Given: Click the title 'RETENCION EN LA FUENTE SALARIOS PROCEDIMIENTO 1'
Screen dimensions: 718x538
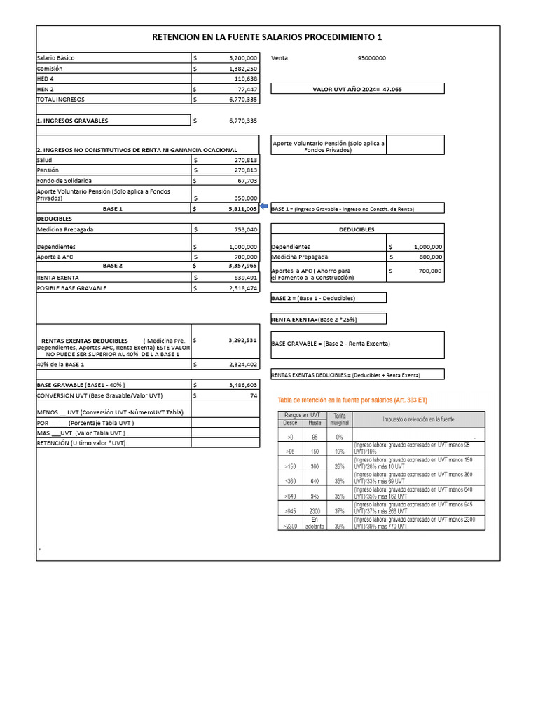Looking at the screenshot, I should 268,38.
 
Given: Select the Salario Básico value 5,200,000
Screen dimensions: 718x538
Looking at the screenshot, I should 242,59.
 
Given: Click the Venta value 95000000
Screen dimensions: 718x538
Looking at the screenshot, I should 371,59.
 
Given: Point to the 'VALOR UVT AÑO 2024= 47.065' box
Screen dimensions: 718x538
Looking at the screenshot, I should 357,89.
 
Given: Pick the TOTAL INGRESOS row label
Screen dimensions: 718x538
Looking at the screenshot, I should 60,100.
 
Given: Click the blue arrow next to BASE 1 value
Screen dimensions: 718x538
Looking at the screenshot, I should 264,207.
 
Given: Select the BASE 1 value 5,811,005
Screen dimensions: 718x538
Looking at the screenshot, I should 242,209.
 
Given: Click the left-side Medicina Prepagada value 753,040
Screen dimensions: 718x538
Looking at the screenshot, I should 243,229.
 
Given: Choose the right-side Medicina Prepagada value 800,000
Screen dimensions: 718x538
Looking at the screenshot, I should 427,257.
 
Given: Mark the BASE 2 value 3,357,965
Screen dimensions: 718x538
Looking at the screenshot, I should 242,266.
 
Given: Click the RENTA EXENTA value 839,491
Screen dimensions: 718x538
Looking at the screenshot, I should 244,277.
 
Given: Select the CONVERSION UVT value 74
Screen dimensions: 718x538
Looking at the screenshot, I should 254,395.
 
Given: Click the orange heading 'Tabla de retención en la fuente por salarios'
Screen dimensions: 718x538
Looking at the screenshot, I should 352,400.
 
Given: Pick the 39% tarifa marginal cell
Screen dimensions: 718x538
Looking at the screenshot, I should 339,526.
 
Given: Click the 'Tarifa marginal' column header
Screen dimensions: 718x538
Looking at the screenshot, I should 339,419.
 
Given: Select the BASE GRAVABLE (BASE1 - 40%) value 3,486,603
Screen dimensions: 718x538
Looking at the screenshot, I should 242,385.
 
